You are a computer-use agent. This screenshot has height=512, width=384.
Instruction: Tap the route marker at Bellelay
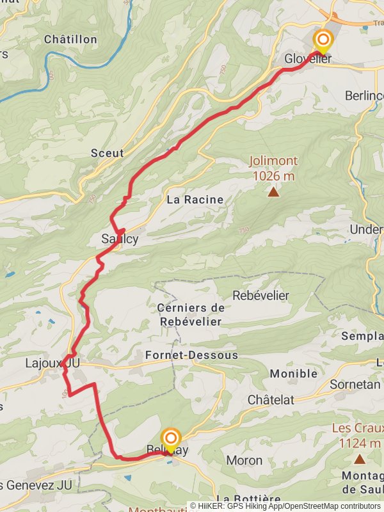pyautogui.click(x=171, y=439)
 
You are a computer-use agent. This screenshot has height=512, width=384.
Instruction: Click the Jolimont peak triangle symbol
pyautogui.click(x=273, y=191)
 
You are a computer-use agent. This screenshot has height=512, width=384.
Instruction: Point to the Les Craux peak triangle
pyautogui.click(x=360, y=459)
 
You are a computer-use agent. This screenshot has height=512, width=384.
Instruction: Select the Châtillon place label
pyautogui.click(x=70, y=40)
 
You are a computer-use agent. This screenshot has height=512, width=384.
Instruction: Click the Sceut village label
pyautogui.click(x=107, y=154)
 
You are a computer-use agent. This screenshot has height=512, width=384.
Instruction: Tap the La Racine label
pyautogui.click(x=195, y=200)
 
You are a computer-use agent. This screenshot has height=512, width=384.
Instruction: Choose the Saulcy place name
pyautogui.click(x=120, y=239)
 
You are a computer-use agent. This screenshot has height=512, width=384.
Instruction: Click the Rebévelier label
pyautogui.click(x=260, y=296)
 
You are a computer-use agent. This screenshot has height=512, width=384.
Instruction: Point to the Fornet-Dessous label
pyautogui.click(x=191, y=355)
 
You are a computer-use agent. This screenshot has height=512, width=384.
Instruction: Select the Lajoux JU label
pyautogui.click(x=52, y=363)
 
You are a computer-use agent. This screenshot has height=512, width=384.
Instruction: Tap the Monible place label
pyautogui.click(x=293, y=374)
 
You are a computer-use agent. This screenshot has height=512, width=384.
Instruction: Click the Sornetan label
pyautogui.click(x=355, y=385)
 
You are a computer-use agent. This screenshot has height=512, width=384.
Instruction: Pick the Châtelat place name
pyautogui.click(x=271, y=399)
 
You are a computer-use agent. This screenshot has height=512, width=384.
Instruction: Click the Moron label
pyautogui.click(x=244, y=460)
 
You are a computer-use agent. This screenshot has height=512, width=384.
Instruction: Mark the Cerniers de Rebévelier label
pyautogui.click(x=189, y=315)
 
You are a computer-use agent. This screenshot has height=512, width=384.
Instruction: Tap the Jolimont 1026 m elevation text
pyautogui.click(x=273, y=169)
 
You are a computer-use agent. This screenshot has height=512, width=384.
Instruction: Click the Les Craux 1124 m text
pyautogui.click(x=357, y=436)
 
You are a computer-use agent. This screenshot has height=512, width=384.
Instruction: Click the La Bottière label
pyautogui.click(x=248, y=499)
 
